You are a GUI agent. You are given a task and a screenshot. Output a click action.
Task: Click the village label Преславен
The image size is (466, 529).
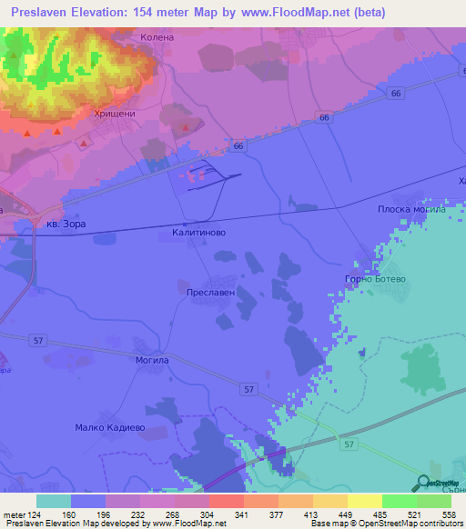tap(210, 294)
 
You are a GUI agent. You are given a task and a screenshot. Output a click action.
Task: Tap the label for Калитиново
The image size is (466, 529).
tap(198, 234)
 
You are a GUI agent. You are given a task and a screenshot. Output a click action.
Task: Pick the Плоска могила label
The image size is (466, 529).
tap(411, 209)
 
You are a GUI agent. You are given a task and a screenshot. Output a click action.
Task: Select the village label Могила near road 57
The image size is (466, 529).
tap(151, 360)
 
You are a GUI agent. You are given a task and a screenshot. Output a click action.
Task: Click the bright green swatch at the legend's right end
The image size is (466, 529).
tap(434, 501)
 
